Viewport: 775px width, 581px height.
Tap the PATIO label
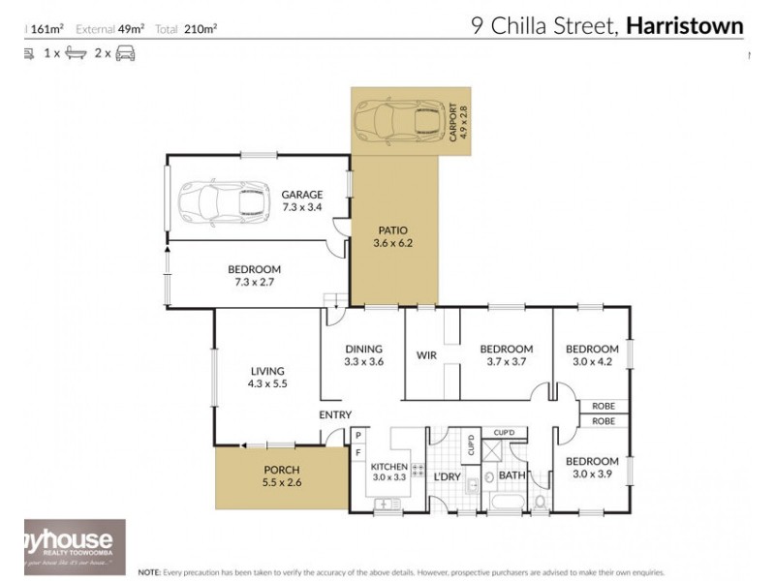click(x=392, y=230)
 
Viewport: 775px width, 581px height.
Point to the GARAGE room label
click(x=301, y=193)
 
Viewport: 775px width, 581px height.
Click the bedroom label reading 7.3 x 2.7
click(x=254, y=269)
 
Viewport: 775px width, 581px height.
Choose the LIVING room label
click(x=266, y=371)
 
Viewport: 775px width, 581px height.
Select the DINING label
click(x=364, y=350)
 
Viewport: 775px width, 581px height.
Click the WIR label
click(x=426, y=355)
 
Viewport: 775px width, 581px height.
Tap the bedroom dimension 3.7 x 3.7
click(x=507, y=362)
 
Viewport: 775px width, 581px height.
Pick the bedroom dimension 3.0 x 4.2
click(x=592, y=362)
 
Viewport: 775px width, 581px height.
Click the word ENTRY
click(x=335, y=415)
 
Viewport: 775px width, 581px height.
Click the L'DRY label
click(x=447, y=476)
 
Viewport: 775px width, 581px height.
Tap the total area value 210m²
click(x=200, y=29)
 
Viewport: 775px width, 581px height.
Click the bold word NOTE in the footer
click(x=151, y=570)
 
